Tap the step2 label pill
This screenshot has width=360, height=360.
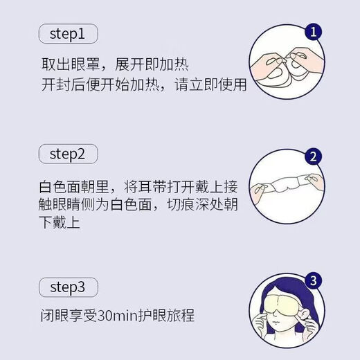66,153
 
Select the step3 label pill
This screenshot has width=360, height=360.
66,286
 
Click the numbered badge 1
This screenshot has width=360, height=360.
314,33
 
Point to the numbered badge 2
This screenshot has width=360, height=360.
314,156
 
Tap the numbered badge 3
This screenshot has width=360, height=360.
314,281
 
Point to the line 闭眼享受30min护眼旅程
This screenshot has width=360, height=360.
116,316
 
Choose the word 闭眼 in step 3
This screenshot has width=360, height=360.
53,316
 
